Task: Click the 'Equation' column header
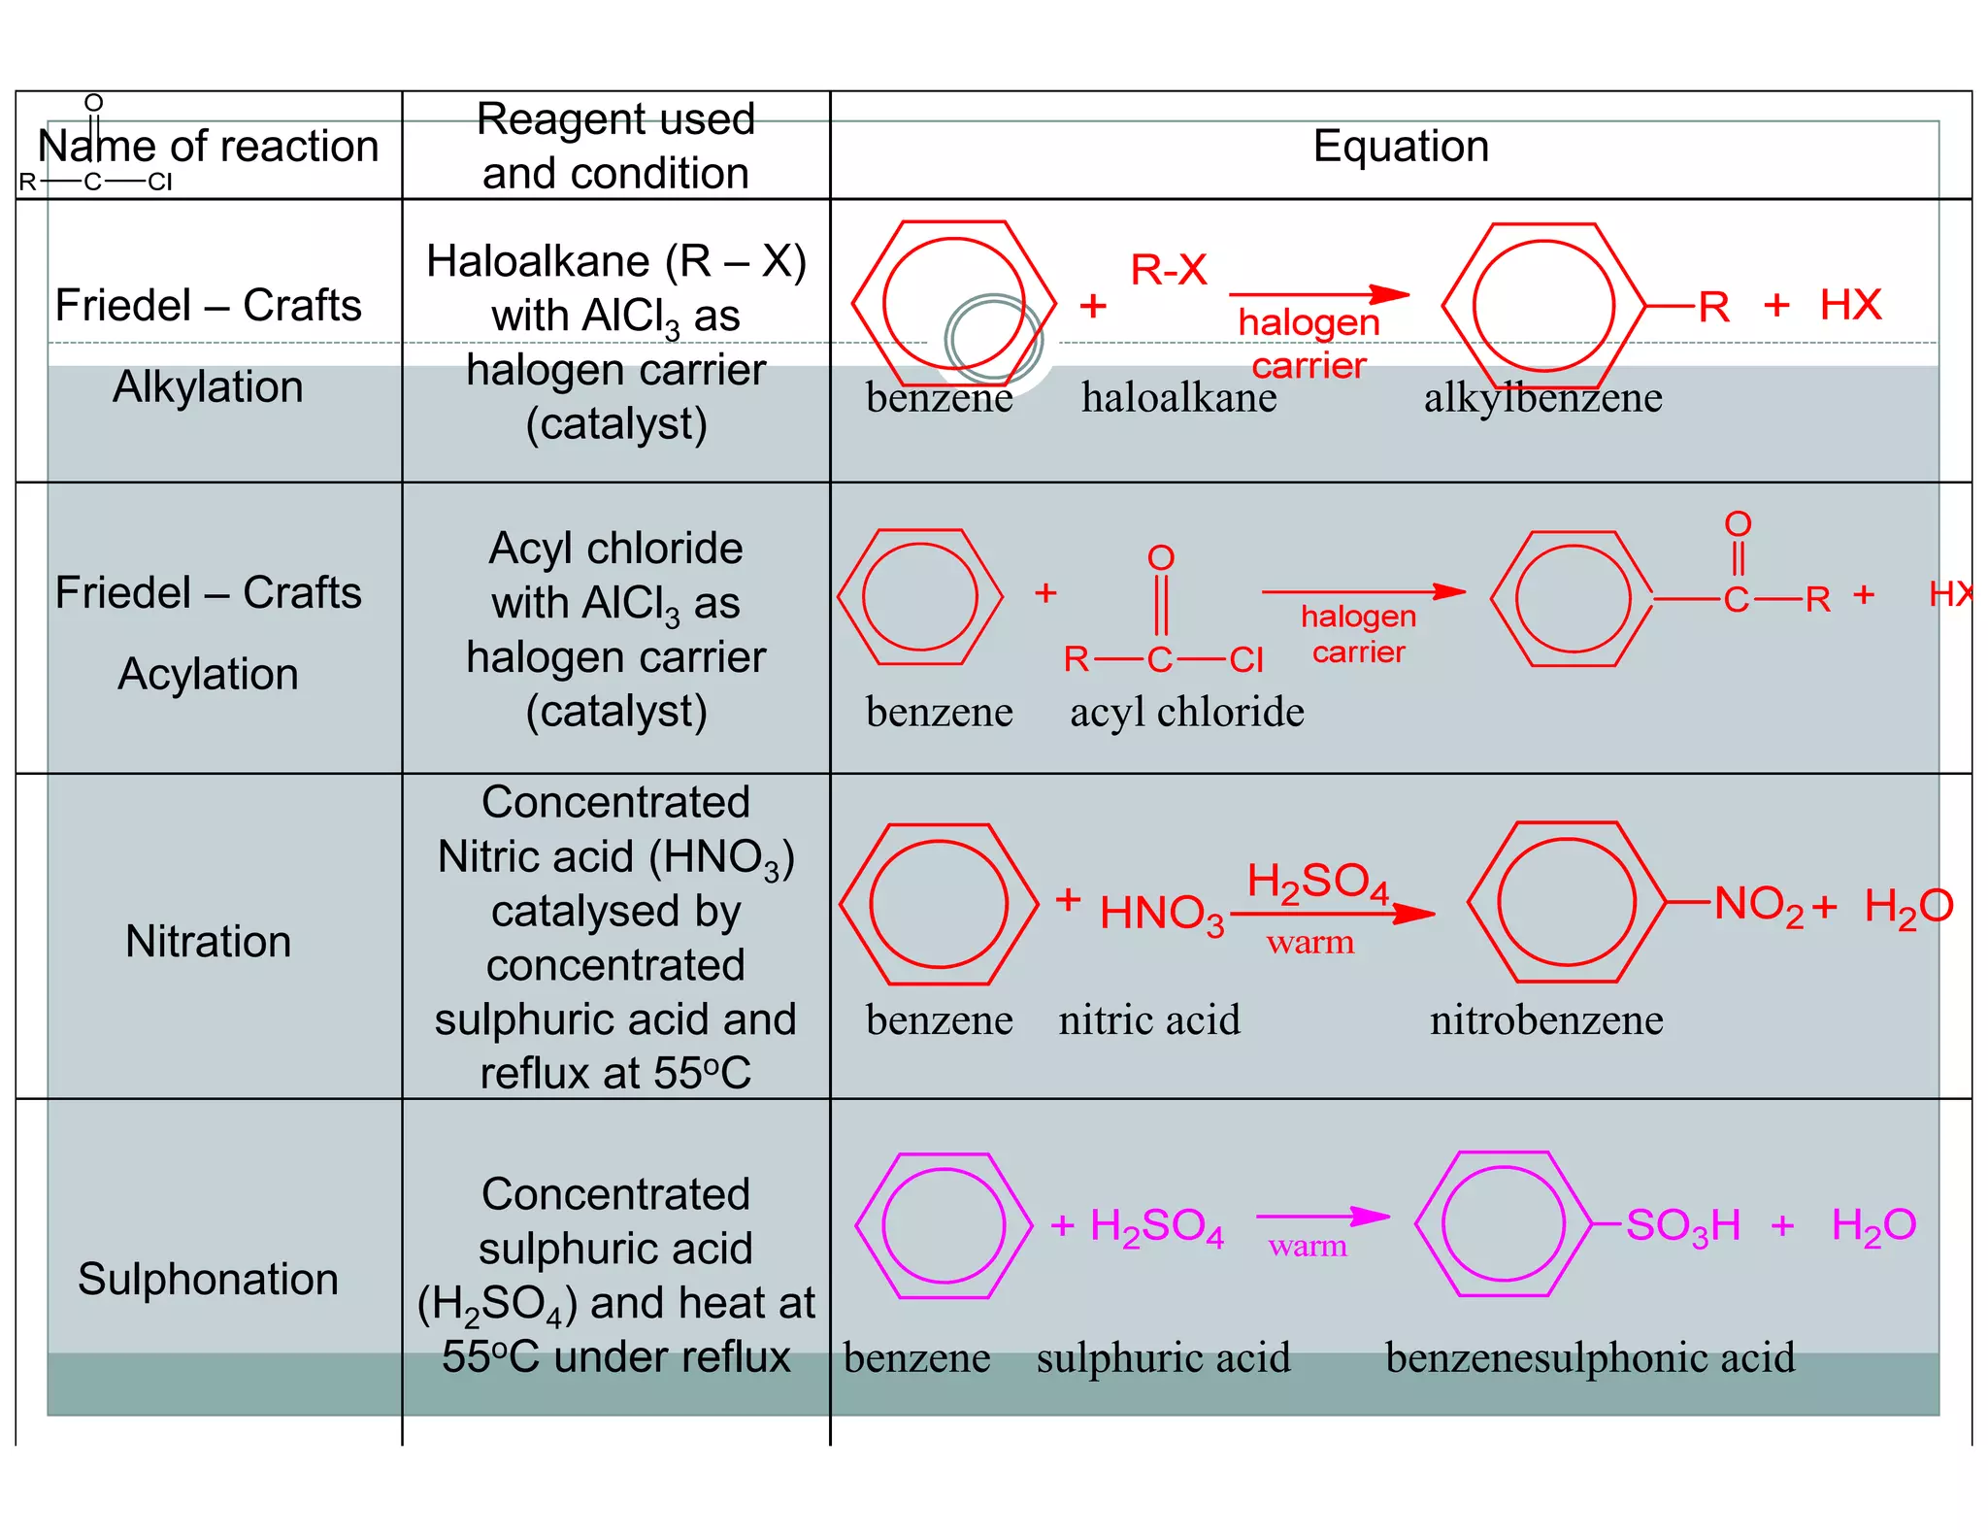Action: tap(1400, 147)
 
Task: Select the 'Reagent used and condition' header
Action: tap(615, 147)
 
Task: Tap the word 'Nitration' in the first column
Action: tap(208, 941)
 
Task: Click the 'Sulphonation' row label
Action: tap(208, 1279)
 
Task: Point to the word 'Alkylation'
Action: tap(208, 386)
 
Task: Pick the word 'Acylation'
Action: tap(208, 674)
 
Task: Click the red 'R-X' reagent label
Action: tap(1169, 270)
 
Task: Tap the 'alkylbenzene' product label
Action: tap(1542, 397)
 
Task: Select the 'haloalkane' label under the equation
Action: tap(1178, 397)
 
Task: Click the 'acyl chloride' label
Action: tap(1186, 712)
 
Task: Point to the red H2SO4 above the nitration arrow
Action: tap(1317, 882)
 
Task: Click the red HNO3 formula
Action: tap(1161, 914)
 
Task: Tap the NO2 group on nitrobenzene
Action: tap(1758, 905)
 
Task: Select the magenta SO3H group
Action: tap(1682, 1225)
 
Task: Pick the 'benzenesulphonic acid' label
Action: tap(1590, 1357)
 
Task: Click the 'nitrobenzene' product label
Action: tap(1546, 1020)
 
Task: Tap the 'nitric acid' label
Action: tap(1149, 1020)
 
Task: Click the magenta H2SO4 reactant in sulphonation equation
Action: tap(1156, 1226)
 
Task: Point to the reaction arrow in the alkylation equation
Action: tap(1318, 294)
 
